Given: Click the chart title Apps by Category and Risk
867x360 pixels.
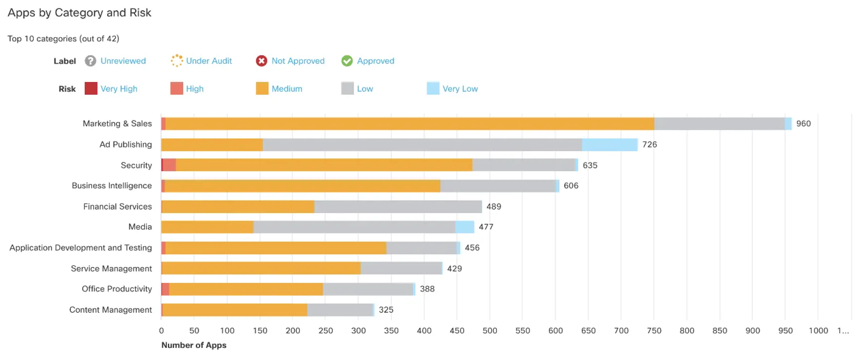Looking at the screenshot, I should coord(79,13).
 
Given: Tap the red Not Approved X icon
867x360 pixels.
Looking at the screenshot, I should coord(261,61).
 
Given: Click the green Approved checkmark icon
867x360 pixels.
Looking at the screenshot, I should coord(347,61).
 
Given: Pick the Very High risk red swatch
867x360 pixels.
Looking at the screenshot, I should coord(91,88).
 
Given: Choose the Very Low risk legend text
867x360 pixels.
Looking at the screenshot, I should coord(459,89).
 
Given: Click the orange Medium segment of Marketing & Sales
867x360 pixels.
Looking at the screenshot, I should coord(410,124).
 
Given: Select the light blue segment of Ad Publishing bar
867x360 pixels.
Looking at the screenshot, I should coord(610,145).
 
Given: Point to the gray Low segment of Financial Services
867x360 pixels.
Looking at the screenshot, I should coord(398,207).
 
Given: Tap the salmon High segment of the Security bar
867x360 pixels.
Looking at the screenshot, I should coord(169,165).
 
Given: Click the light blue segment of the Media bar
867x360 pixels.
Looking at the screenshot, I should coord(464,227).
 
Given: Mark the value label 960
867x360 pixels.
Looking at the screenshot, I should coord(803,124).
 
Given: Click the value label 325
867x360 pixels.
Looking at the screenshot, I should coord(386,310).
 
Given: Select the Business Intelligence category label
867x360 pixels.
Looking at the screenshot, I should coord(112,186).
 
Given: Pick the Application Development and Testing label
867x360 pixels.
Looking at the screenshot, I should coord(80,248).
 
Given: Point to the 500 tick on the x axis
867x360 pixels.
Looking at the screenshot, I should coord(490,331).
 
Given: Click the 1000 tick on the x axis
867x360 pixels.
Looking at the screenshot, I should coord(818,331).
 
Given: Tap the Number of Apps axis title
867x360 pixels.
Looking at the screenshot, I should coord(194,345).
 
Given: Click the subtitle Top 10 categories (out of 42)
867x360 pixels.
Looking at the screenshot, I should coord(63,39).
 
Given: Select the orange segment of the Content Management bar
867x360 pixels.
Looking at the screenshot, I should coord(235,310).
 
